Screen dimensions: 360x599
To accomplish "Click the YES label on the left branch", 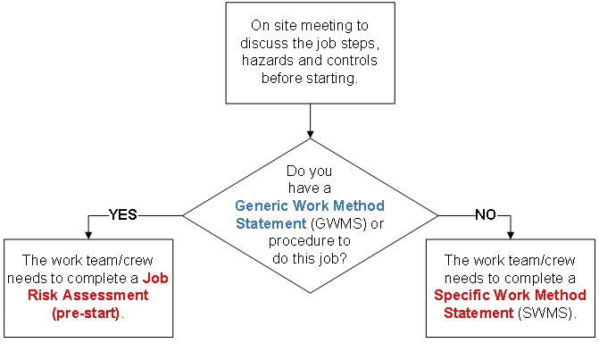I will (123, 215).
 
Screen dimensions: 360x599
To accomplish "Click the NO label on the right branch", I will (485, 215).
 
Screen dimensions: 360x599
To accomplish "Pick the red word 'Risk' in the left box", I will (58, 295).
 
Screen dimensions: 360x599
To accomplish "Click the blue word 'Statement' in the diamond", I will (265, 222).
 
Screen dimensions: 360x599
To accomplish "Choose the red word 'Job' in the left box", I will (157, 278).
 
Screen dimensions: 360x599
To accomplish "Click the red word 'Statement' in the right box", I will (476, 312).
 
